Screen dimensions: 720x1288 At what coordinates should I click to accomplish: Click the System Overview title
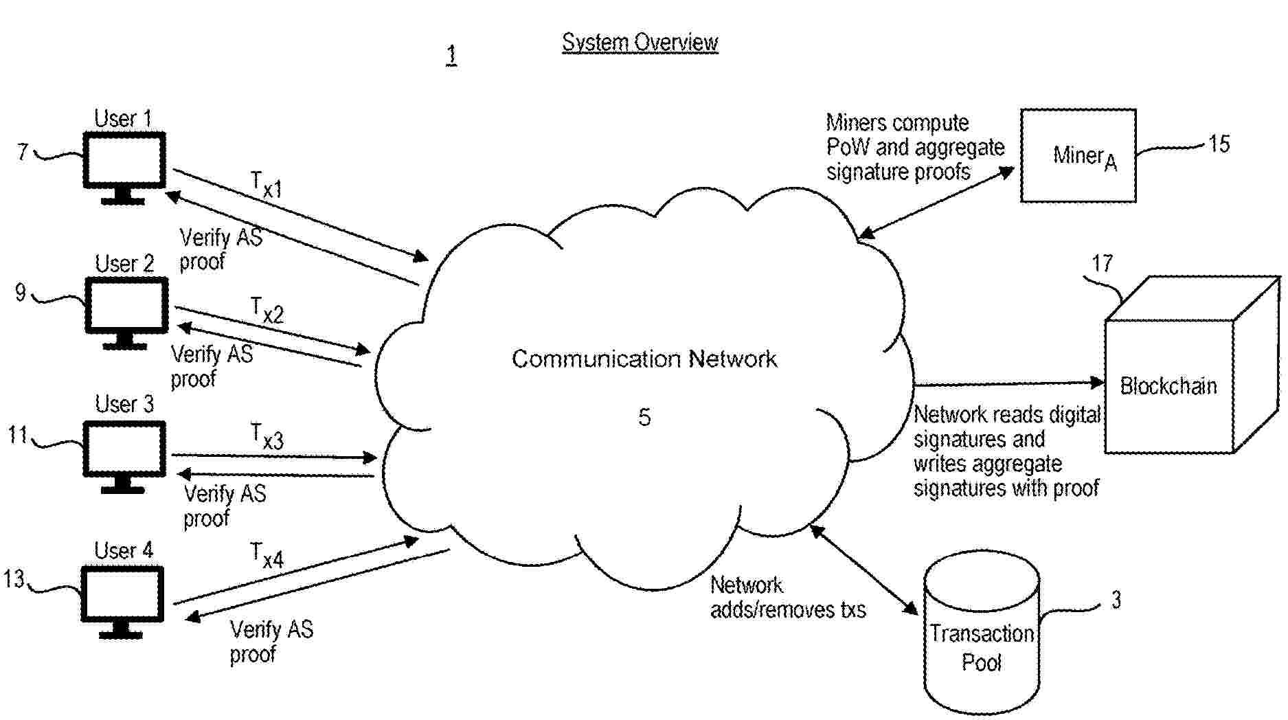pyautogui.click(x=640, y=43)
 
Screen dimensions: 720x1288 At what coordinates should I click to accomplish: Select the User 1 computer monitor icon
pyautogui.click(x=124, y=166)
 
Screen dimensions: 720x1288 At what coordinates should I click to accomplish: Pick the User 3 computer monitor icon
pyautogui.click(x=124, y=454)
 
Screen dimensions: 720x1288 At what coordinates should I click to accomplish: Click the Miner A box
pyautogui.click(x=1077, y=156)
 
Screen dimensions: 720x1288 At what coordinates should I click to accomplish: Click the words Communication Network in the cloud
pyautogui.click(x=644, y=359)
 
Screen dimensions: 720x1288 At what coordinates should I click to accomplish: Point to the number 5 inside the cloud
pyautogui.click(x=644, y=417)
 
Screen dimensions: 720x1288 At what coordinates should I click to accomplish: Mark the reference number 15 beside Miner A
pyautogui.click(x=1219, y=144)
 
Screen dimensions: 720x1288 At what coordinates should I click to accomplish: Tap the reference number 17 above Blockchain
pyautogui.click(x=1102, y=264)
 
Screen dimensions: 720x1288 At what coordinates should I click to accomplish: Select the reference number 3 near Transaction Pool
pyautogui.click(x=1116, y=600)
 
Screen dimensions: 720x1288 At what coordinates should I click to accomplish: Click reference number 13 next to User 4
pyautogui.click(x=14, y=579)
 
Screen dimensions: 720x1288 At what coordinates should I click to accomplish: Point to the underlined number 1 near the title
pyautogui.click(x=451, y=55)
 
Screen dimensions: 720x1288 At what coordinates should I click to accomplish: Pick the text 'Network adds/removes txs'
pyautogui.click(x=787, y=598)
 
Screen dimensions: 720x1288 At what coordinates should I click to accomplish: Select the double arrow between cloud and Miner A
pyautogui.click(x=936, y=203)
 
